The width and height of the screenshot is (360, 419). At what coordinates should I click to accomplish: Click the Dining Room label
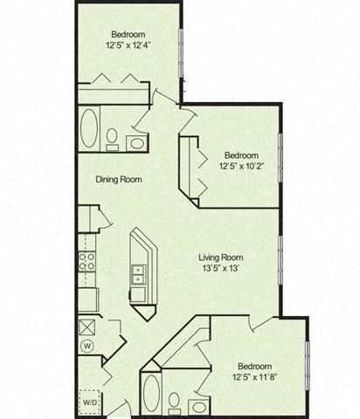click(119, 180)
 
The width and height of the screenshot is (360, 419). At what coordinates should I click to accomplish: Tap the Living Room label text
click(220, 258)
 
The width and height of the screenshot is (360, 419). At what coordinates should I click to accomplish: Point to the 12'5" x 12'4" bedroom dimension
click(128, 45)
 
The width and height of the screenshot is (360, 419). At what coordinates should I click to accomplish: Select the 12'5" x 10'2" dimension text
click(239, 163)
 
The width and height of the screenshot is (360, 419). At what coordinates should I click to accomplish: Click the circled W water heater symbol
click(87, 346)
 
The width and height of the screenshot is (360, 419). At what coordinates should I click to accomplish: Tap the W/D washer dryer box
click(90, 402)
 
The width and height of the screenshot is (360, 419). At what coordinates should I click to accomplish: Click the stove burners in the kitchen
click(87, 258)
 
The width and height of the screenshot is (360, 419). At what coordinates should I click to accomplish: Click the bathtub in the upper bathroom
click(90, 129)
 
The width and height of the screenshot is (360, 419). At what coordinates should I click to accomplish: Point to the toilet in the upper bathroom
click(113, 138)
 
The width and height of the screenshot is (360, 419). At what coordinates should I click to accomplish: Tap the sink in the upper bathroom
click(138, 141)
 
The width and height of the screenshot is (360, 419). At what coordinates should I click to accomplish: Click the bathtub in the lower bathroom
click(151, 394)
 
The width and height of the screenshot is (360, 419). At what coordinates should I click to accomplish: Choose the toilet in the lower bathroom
click(174, 402)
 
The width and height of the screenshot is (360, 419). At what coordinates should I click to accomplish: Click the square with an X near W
click(87, 327)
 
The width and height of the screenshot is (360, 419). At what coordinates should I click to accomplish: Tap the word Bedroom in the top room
click(128, 34)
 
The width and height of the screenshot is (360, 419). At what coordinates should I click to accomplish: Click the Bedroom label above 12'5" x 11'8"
click(254, 367)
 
